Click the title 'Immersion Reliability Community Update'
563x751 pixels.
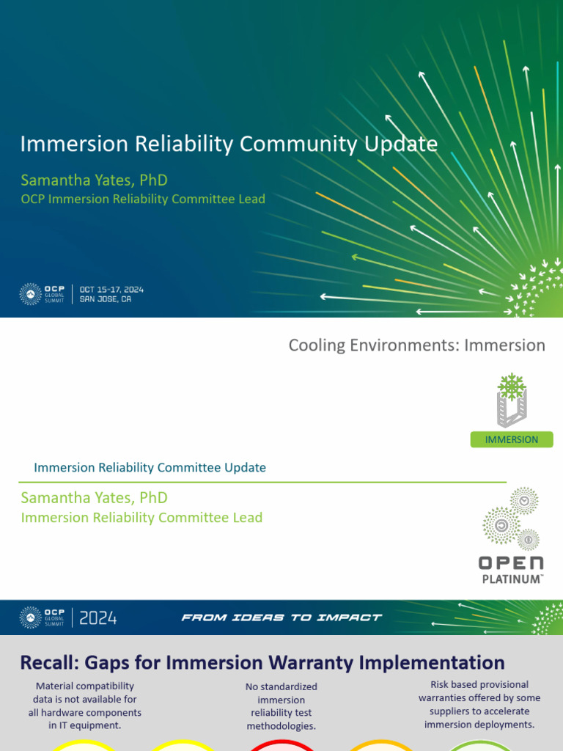[x=229, y=144]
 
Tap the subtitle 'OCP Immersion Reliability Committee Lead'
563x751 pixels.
[x=143, y=199]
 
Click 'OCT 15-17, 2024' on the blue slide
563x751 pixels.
[x=111, y=290]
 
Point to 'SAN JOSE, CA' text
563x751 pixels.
[x=106, y=299]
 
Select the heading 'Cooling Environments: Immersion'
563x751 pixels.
[x=416, y=345]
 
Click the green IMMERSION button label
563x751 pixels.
[x=512, y=439]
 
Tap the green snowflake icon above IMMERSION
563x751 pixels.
[x=512, y=386]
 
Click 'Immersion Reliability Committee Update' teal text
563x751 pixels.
[x=150, y=467]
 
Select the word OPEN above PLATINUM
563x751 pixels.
[x=512, y=563]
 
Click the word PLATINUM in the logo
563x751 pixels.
[x=512, y=579]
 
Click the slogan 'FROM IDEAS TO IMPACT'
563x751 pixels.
[x=281, y=618]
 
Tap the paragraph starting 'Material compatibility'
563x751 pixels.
[x=85, y=706]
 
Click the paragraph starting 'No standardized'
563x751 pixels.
[x=281, y=706]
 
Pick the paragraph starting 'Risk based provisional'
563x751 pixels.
[x=479, y=705]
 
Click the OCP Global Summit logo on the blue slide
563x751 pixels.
[x=43, y=294]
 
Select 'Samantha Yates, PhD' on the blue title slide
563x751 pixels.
[x=94, y=180]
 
